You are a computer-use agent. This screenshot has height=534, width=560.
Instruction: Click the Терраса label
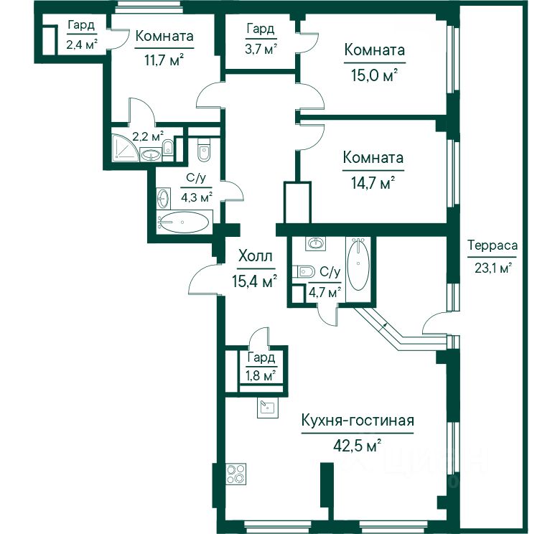pyautogui.click(x=493, y=245)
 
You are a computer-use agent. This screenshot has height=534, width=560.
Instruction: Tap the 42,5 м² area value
pyautogui.click(x=358, y=446)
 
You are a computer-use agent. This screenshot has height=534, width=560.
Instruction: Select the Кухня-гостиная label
pyautogui.click(x=358, y=421)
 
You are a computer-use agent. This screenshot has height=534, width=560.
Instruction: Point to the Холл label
pyautogui.click(x=256, y=256)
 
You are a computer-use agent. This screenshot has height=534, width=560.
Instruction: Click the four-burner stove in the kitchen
pyautogui.click(x=236, y=474)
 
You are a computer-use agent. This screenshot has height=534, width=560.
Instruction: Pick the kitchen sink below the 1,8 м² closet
pyautogui.click(x=268, y=408)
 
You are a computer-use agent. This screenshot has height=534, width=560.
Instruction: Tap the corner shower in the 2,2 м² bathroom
pyautogui.click(x=125, y=148)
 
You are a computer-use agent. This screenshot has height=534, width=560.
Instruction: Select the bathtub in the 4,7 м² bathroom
pyautogui.click(x=358, y=265)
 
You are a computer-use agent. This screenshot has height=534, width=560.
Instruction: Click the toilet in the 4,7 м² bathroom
pyautogui.click(x=304, y=272)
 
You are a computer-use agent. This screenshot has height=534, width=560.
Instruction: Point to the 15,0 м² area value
pyautogui.click(x=375, y=75)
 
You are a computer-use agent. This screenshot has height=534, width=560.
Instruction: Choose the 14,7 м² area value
pyautogui.click(x=373, y=183)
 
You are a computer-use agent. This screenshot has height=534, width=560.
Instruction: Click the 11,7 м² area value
pyautogui.click(x=164, y=60)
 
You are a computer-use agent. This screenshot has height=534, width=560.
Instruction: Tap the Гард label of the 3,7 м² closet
pyautogui.click(x=261, y=29)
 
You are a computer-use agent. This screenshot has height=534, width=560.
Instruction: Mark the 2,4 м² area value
pyautogui.click(x=82, y=44)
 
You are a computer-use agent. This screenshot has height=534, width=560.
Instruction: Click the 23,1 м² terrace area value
pyautogui.click(x=493, y=267)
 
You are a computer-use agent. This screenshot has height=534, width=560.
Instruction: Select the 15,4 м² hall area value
pyautogui.click(x=255, y=281)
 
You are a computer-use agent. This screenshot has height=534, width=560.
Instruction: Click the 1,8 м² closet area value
pyautogui.click(x=261, y=375)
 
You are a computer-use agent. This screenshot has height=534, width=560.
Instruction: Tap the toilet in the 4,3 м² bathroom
pyautogui.click(x=204, y=151)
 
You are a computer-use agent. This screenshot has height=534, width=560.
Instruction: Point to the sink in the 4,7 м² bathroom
pyautogui.click(x=315, y=243)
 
